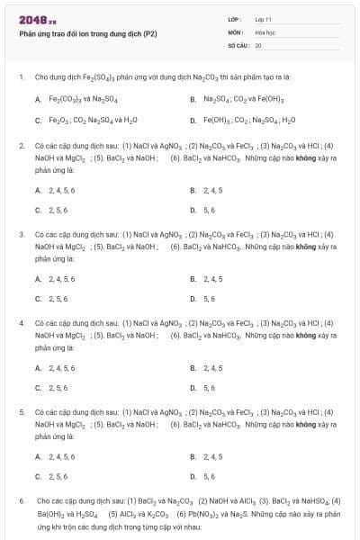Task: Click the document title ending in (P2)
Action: (x=88, y=33)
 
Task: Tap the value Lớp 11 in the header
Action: (x=264, y=19)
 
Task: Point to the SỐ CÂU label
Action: (x=238, y=44)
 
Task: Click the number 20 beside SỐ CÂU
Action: (x=258, y=44)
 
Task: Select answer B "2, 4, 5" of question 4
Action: (x=212, y=367)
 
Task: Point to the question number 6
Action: (x=22, y=499)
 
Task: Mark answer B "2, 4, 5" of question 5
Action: (x=212, y=456)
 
